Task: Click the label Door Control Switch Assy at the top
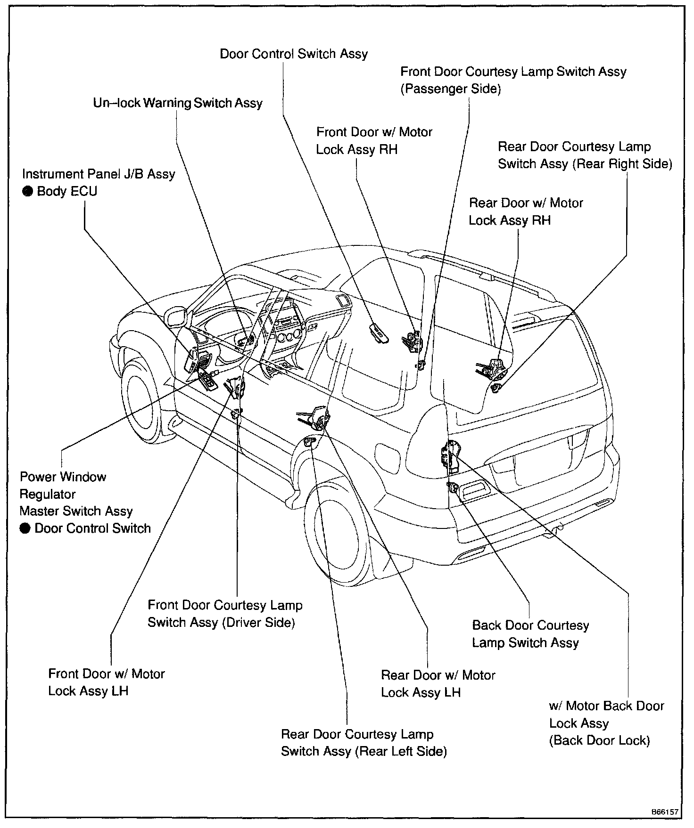pos(294,54)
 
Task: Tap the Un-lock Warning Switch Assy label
pos(178,103)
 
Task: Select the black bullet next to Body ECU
pos(28,192)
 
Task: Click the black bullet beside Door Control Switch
pos(25,528)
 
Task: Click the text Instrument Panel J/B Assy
pos(99,174)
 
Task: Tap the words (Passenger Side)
pos(450,89)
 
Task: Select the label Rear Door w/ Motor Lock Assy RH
pos(526,212)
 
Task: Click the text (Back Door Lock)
pos(599,740)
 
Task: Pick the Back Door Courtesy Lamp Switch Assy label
pos(530,634)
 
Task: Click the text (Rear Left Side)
pos(401,751)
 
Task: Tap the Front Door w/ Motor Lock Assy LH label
pos(107,682)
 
